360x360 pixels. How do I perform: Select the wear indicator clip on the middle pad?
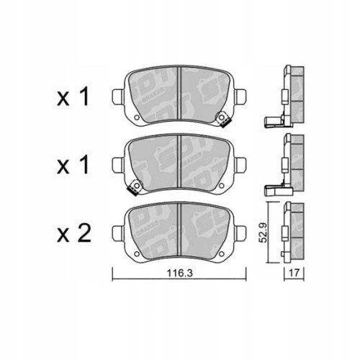(x=132, y=190)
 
